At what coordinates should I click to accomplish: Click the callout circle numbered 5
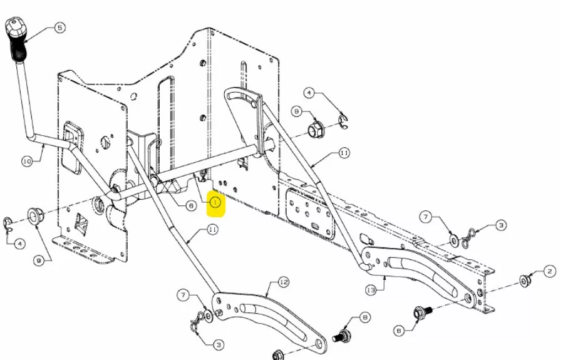tap(60, 28)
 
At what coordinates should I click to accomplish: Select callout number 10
tap(27, 161)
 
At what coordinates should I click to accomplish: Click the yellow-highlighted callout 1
tap(215, 202)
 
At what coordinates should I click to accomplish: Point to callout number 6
tap(191, 206)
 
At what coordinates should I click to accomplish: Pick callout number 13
tap(371, 290)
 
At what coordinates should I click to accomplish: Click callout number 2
tap(550, 271)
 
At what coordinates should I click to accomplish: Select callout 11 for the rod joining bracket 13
tap(344, 153)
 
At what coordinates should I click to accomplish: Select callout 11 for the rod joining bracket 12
tap(212, 229)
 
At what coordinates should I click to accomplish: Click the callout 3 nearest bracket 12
tap(219, 344)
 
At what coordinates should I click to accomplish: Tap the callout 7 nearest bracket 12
tap(183, 295)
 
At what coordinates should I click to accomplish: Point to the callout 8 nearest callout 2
tap(399, 331)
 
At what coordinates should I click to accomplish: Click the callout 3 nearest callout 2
tap(501, 225)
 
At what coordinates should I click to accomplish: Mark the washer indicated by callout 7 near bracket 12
tap(208, 316)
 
